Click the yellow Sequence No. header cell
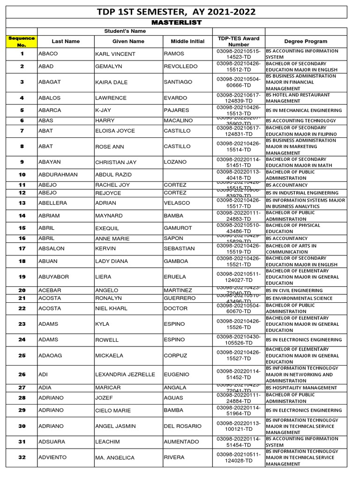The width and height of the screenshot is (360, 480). click(x=22, y=41)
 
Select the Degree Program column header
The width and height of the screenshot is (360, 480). click(x=306, y=41)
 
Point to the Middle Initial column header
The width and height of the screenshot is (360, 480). click(x=187, y=41)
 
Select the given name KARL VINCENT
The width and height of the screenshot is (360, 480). click(x=115, y=54)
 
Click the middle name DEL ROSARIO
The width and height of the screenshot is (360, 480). click(x=182, y=426)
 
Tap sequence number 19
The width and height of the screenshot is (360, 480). click(x=22, y=277)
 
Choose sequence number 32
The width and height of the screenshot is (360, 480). click(x=22, y=457)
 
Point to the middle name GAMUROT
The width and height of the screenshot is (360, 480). click(x=178, y=228)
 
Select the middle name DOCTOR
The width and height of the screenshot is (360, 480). click(x=175, y=308)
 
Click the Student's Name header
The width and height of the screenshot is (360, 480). click(x=125, y=31)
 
